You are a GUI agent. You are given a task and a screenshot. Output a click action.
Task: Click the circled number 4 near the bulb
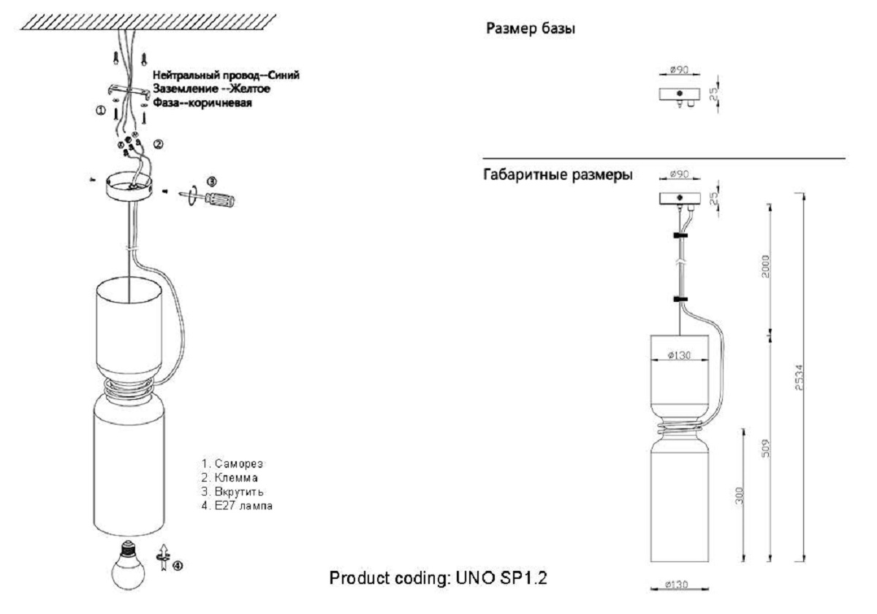point(178,566)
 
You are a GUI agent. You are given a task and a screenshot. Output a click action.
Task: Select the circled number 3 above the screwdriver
point(211,181)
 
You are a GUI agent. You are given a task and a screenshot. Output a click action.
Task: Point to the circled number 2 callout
point(158,145)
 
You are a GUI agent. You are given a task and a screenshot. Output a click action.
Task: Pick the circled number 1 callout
point(101,111)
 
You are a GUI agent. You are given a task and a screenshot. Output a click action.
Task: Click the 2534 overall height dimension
point(800,377)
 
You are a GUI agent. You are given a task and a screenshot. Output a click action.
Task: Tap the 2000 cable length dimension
point(766,266)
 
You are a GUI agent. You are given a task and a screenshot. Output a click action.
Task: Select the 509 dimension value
point(766,448)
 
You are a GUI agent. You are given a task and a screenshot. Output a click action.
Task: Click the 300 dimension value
point(739,496)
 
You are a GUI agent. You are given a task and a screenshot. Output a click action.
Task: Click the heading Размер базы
point(531,29)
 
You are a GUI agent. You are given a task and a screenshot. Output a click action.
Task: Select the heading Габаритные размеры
point(558,175)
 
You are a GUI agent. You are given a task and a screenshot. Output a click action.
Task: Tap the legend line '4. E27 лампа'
point(237,506)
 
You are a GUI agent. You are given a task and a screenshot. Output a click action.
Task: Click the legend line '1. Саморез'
point(232,463)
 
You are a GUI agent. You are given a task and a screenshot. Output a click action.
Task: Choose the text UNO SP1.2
point(501,578)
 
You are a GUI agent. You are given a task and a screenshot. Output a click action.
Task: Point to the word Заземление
point(186,89)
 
